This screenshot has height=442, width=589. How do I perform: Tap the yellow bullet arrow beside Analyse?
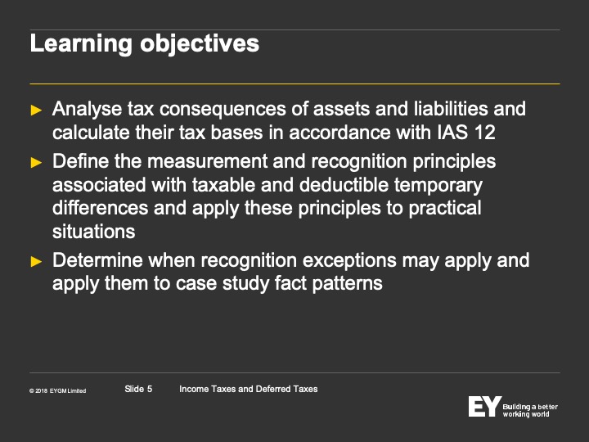[x=36, y=110]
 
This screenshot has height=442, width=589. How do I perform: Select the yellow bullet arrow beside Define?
[x=36, y=162]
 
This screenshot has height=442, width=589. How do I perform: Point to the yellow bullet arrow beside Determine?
[x=36, y=261]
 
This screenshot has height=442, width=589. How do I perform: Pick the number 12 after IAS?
[x=484, y=133]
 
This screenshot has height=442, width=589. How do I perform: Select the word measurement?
[x=207, y=161]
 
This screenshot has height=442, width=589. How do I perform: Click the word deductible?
[x=344, y=185]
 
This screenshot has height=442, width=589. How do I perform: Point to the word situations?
[x=93, y=231]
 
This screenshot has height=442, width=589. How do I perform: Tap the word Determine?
[x=97, y=260]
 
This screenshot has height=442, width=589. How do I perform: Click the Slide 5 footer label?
[x=138, y=389]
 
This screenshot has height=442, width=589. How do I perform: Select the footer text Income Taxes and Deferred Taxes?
[x=249, y=389]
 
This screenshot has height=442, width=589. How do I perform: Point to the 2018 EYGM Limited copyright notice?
[x=58, y=391]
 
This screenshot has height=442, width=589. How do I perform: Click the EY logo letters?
[x=484, y=406]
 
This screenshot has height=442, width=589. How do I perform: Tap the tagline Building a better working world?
[x=530, y=410]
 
